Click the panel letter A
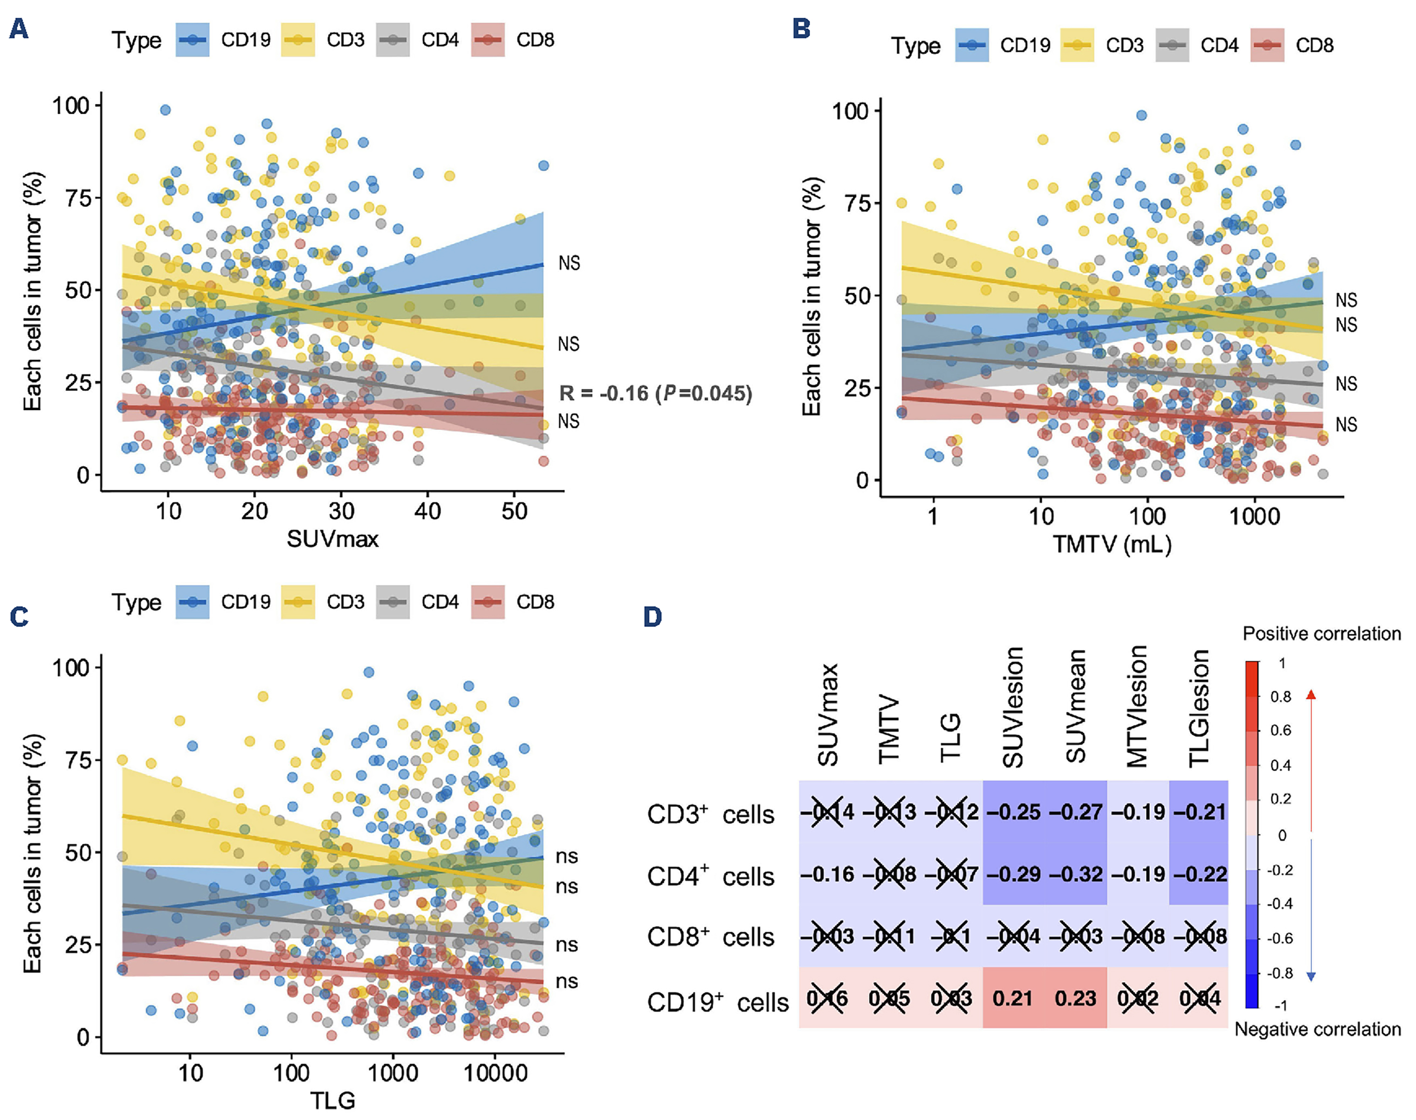point(19,29)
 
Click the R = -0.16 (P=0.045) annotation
point(655,394)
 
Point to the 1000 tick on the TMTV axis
point(1254,517)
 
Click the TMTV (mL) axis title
point(1112,544)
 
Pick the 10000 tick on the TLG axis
point(495,1073)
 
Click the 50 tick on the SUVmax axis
point(515,511)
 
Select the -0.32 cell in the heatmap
point(1076,874)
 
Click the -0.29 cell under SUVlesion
point(1014,874)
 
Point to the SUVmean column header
point(1076,707)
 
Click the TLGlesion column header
point(1199,707)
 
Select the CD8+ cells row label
point(711,937)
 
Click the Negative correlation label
point(1318,1030)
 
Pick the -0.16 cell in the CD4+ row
point(827,874)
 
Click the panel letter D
point(653,617)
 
